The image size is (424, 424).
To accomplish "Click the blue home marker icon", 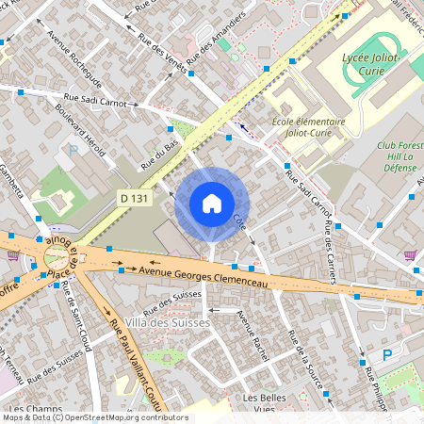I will click(212, 204).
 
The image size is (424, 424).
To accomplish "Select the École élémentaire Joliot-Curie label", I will click(308, 127).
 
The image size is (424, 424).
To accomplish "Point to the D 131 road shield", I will click(133, 198).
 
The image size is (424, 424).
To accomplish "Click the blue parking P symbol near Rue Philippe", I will click(386, 355).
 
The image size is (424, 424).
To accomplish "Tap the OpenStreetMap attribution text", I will click(94, 417).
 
